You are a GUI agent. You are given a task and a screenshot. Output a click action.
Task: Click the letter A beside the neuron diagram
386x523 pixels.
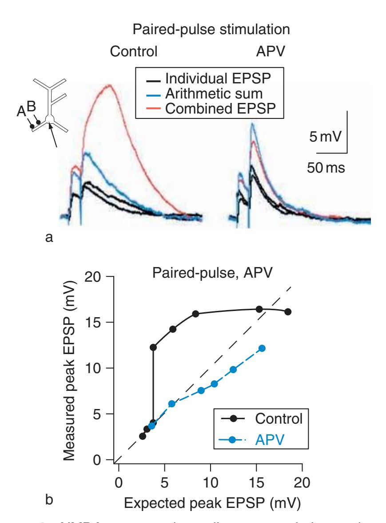pos(21,113)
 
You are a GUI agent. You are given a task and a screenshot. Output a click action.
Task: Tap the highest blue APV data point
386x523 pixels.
pos(262,348)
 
